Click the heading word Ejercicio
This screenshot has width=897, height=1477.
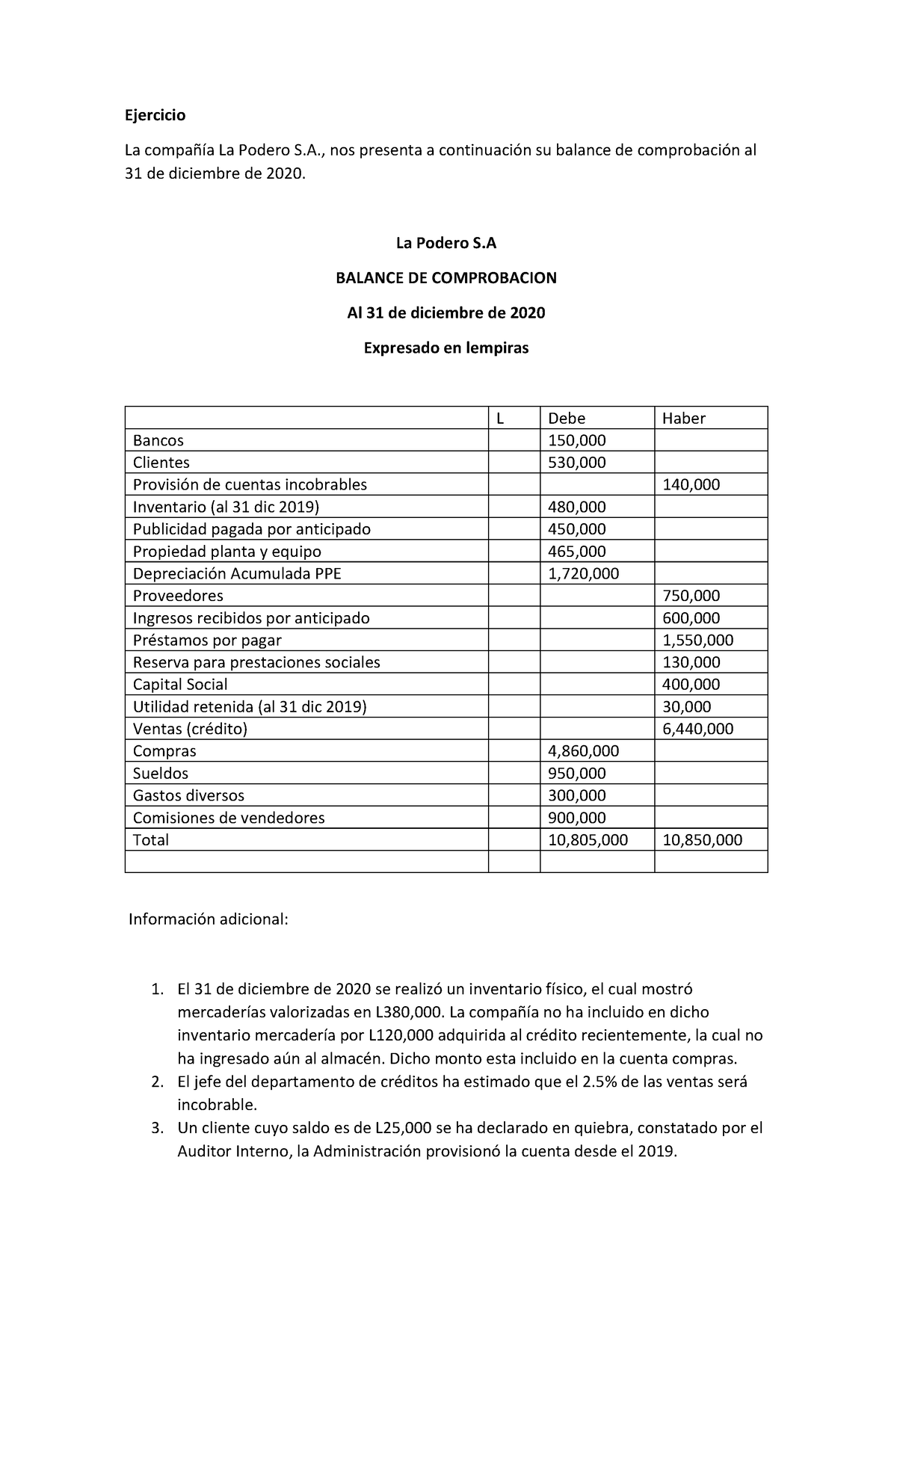tap(155, 115)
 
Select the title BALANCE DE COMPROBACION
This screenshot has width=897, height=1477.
tap(446, 278)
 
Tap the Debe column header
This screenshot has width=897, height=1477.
tap(567, 418)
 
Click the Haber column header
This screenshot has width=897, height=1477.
tap(683, 418)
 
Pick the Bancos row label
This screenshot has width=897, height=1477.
tap(158, 440)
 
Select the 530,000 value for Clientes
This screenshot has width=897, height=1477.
tap(576, 463)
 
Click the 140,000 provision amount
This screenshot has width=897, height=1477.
tap(691, 484)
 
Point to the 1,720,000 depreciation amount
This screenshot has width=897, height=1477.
tap(583, 573)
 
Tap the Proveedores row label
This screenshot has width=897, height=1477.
tap(178, 596)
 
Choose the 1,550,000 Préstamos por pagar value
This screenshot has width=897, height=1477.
tap(697, 640)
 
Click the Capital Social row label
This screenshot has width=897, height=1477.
tap(180, 685)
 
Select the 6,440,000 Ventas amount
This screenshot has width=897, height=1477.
tap(697, 729)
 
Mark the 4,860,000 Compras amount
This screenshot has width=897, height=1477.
tap(583, 751)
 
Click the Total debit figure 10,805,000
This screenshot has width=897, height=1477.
tap(588, 840)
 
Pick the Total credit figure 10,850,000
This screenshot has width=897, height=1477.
tap(702, 840)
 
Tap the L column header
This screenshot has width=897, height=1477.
tap(500, 418)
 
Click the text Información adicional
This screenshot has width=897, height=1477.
tap(208, 919)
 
